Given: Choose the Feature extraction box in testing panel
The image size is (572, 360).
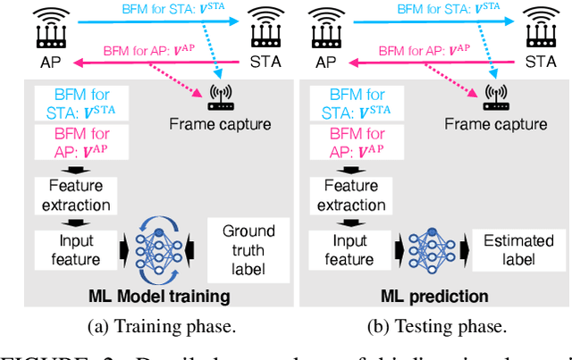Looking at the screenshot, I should tap(350, 195).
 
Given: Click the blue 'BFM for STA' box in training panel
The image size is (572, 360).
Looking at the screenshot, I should tap(77, 103).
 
